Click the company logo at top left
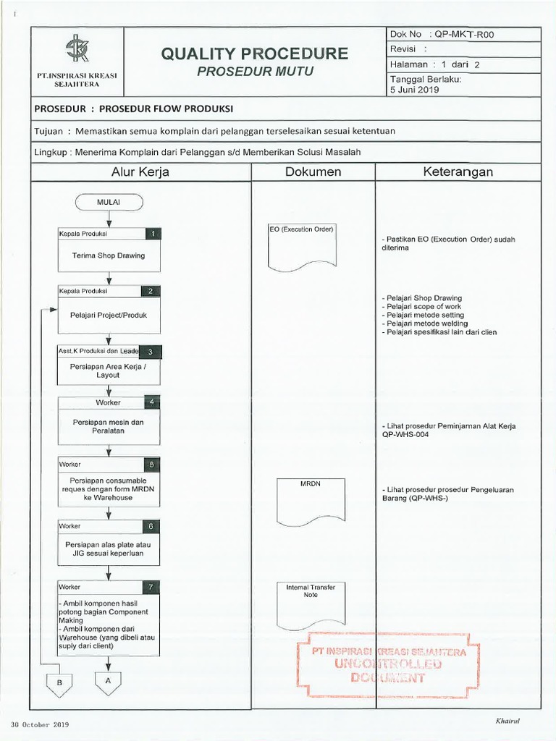(77, 50)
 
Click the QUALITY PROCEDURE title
(254, 54)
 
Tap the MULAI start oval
(108, 202)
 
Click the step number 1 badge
(153, 234)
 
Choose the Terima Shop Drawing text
(108, 255)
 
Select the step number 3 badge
(150, 352)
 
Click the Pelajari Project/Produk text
(108, 315)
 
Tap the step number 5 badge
(151, 464)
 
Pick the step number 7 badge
(151, 588)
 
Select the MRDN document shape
(306, 501)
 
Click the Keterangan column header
(458, 172)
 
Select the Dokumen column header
(313, 172)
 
